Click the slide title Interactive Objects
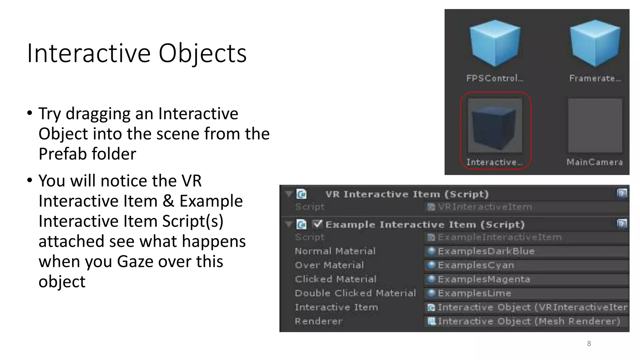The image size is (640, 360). click(137, 53)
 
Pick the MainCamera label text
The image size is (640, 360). click(595, 162)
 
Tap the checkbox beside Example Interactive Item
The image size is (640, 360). click(317, 224)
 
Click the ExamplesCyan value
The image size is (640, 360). click(476, 265)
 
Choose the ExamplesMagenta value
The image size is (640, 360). click(484, 279)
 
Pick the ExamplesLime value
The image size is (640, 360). click(474, 293)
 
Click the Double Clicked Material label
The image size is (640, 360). click(355, 293)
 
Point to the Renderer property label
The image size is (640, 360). click(318, 321)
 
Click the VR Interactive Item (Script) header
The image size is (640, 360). click(407, 194)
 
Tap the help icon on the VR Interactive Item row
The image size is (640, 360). click(622, 193)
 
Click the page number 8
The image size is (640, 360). click(589, 344)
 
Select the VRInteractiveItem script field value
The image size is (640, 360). click(484, 207)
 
